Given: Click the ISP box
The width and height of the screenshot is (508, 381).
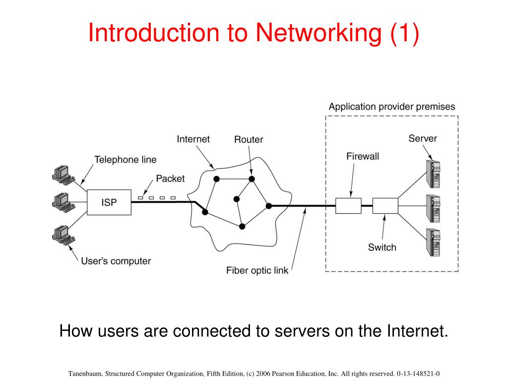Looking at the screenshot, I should [x=109, y=202].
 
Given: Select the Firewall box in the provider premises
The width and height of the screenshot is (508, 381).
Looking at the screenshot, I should [x=348, y=205].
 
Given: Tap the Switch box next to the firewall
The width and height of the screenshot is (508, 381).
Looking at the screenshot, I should [x=385, y=205].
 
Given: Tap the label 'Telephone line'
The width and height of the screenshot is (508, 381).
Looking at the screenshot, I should [x=125, y=160].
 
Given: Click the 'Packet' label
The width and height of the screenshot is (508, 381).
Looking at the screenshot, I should [x=170, y=179].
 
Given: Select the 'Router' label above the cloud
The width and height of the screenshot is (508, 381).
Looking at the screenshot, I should [x=249, y=139].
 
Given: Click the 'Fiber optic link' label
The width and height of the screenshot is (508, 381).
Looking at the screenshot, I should [x=257, y=270].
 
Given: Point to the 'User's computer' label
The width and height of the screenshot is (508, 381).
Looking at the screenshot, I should [x=116, y=261].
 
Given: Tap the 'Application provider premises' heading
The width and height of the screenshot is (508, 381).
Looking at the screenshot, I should [x=391, y=107].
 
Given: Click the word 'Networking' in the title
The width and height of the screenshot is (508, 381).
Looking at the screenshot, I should [x=319, y=33].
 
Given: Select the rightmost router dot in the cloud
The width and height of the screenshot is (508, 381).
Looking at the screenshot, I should [x=268, y=205].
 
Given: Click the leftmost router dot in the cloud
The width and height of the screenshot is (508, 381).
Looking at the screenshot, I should [x=205, y=212].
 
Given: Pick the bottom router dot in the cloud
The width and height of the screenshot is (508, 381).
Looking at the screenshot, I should [x=242, y=227].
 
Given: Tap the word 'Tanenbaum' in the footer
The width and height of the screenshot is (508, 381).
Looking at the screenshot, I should [x=86, y=374].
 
